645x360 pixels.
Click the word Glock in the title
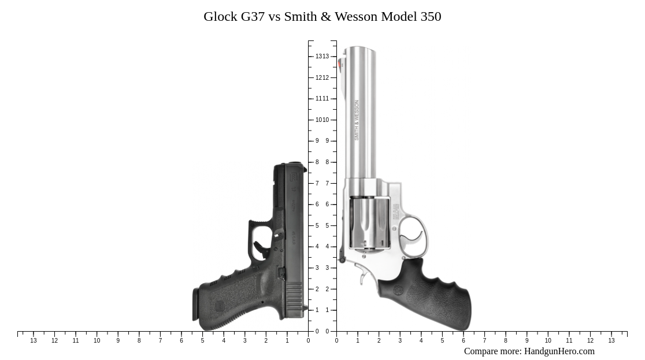(x=220, y=17)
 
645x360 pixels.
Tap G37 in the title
(x=253, y=17)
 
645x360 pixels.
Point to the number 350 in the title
(x=431, y=17)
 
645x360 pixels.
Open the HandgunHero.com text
(x=559, y=351)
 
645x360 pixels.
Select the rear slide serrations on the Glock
(x=294, y=299)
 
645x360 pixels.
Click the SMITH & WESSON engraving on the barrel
(x=357, y=120)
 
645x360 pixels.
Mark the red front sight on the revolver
(x=341, y=64)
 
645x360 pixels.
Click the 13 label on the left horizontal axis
(x=34, y=341)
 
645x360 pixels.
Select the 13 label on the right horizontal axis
(x=611, y=341)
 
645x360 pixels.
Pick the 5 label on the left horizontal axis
(x=202, y=341)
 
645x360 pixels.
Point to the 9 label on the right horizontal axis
(x=527, y=341)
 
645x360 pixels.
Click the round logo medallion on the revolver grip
(x=399, y=290)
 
